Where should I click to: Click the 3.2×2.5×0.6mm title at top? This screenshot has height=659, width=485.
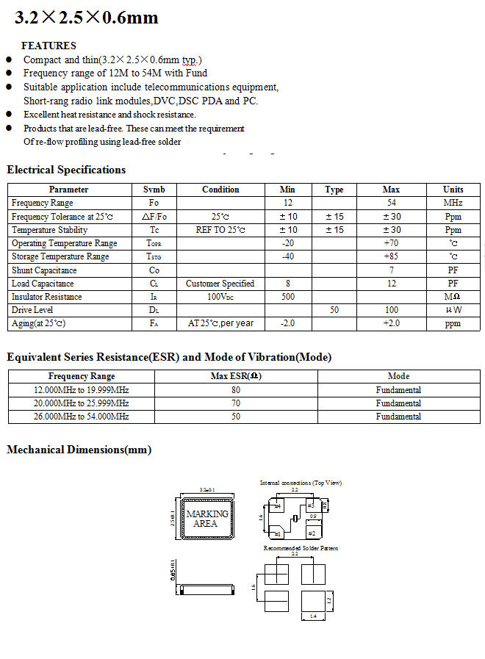87,18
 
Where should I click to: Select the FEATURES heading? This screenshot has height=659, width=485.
48,46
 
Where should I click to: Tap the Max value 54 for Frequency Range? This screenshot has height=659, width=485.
391,203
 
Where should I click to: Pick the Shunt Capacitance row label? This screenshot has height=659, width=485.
44,270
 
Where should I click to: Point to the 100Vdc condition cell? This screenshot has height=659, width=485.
220,297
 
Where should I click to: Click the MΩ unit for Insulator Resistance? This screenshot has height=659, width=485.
453,297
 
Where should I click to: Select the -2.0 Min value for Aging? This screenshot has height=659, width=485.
287,323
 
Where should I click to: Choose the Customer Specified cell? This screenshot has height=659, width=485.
220,284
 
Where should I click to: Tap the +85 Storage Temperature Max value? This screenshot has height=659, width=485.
391,256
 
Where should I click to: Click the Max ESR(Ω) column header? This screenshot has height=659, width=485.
236,376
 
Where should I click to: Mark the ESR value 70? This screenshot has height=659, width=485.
236,403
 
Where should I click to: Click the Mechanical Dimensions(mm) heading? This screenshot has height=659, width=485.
79,450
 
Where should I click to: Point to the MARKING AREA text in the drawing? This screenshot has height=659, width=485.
206,519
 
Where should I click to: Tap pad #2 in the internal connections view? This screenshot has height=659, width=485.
312,533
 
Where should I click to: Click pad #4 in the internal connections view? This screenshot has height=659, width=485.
279,506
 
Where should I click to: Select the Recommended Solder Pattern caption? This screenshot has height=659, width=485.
301,548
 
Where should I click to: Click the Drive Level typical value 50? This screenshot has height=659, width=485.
334,310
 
